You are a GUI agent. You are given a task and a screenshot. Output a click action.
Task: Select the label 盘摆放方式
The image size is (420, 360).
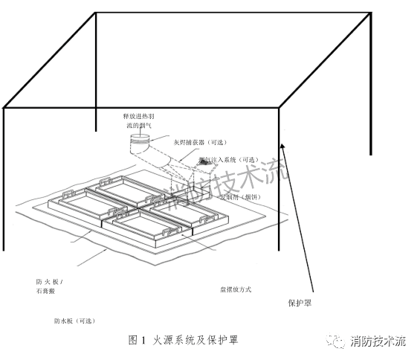234,289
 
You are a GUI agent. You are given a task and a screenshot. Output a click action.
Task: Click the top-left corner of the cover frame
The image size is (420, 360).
95,14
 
